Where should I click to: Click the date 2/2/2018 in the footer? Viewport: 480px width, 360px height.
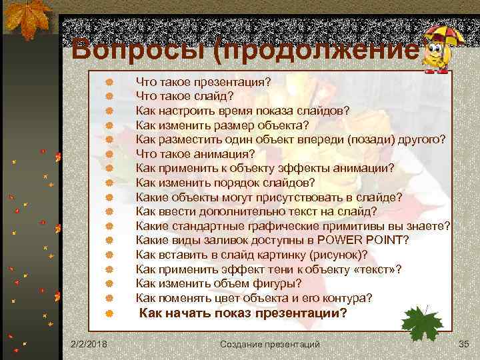pos(91,343)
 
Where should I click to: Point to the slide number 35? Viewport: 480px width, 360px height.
pos(464,343)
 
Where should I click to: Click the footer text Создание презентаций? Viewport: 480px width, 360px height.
pos(270,343)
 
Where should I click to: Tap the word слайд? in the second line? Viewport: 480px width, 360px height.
pos(210,96)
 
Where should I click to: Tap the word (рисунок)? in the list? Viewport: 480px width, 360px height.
pos(337,255)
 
